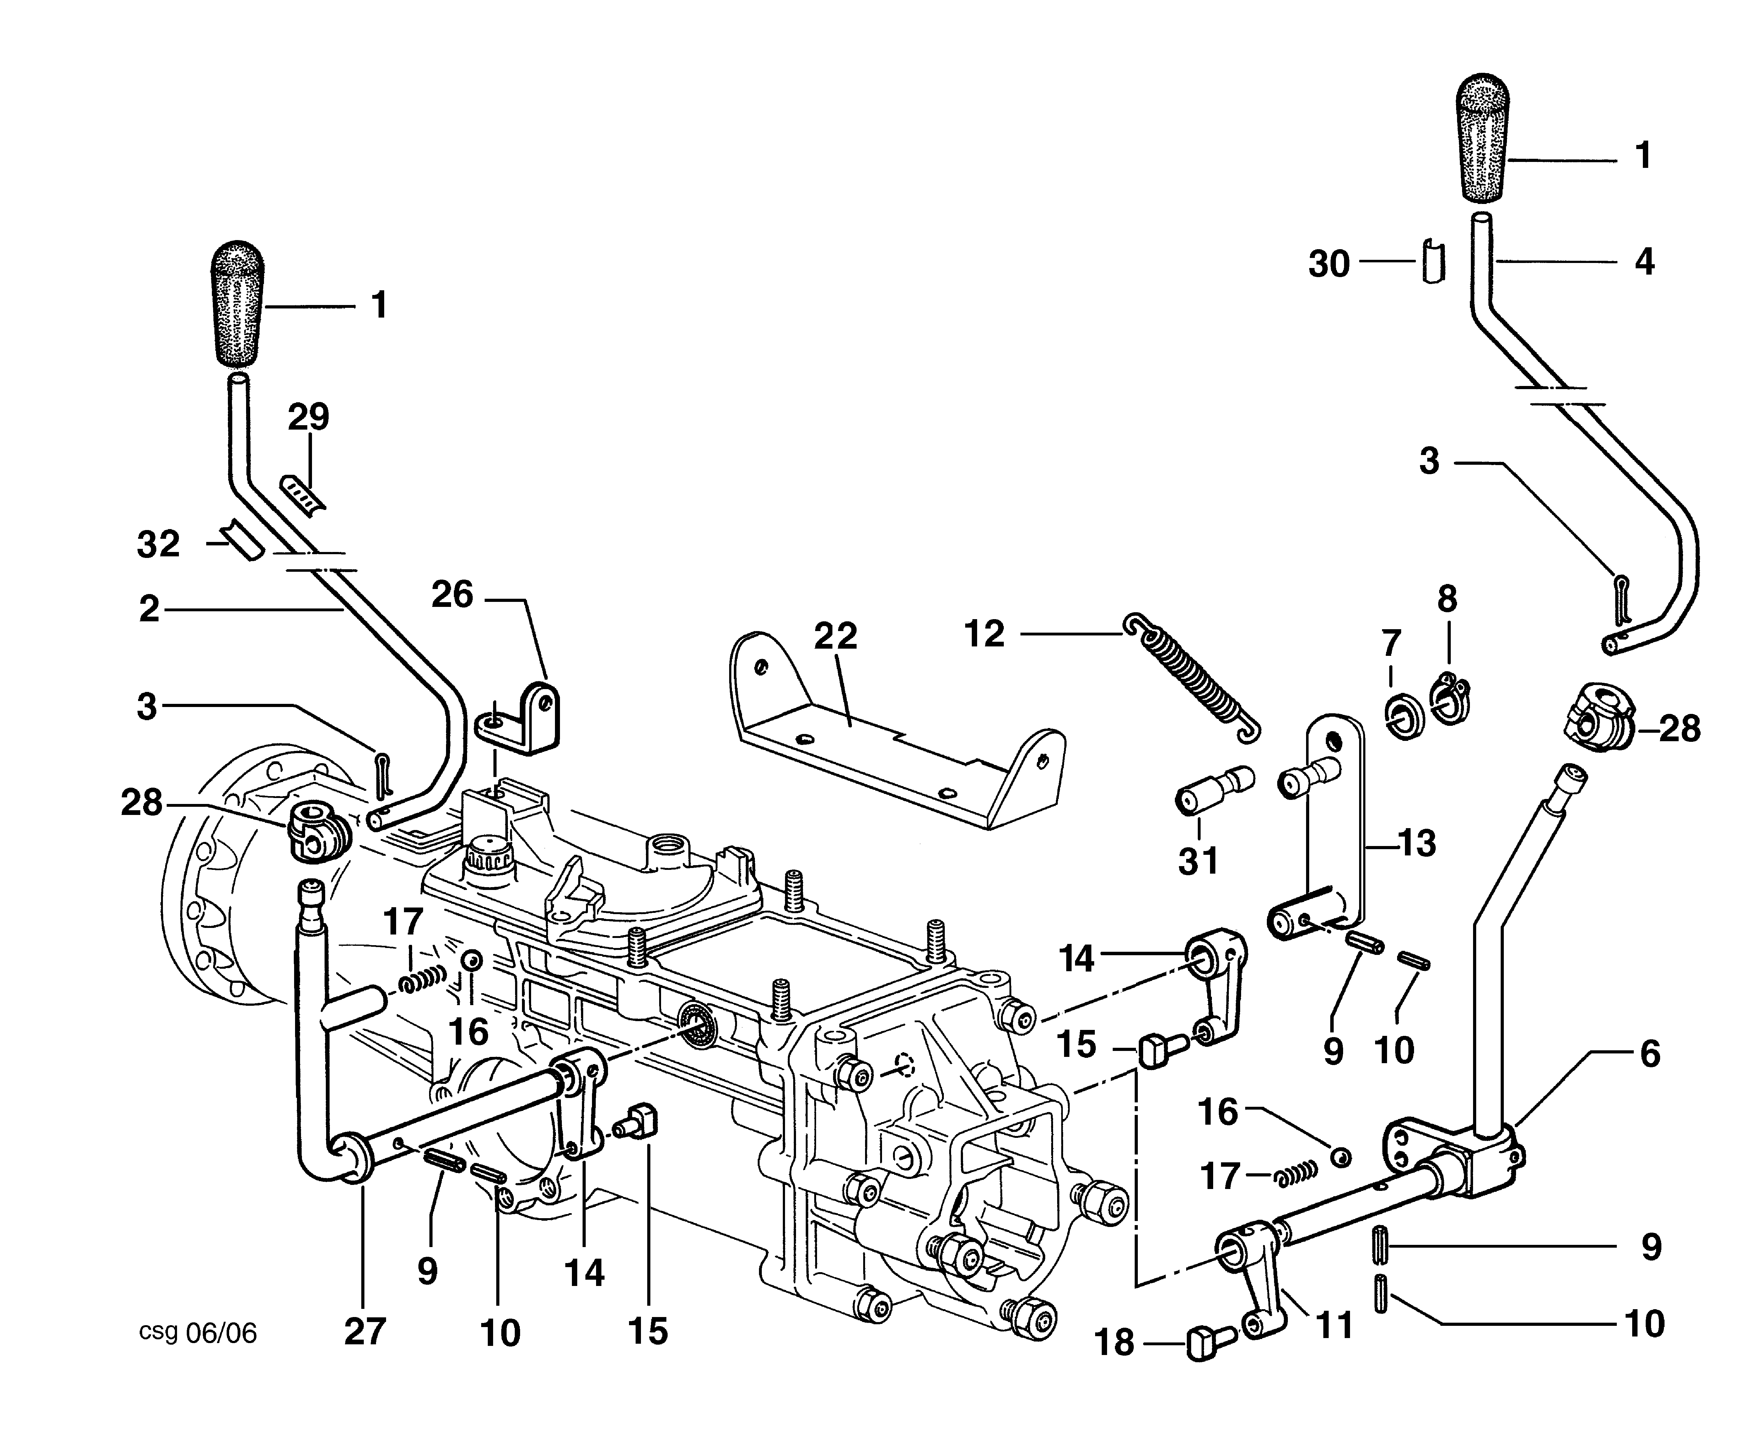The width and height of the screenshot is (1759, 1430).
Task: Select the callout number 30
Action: [x=1329, y=265]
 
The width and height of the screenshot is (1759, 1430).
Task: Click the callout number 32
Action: [x=158, y=544]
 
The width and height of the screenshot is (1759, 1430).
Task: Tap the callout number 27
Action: [x=365, y=1332]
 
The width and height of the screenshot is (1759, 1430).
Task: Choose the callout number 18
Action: [x=1115, y=1343]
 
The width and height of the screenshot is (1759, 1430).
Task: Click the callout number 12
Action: [x=985, y=634]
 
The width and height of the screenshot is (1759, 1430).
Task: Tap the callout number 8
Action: [x=1448, y=600]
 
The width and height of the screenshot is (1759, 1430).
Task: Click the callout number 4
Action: [x=1644, y=262]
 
